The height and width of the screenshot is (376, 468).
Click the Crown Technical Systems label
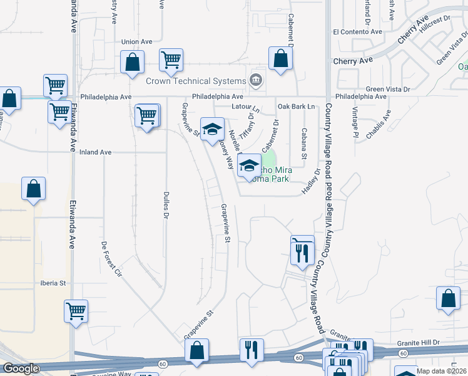click(x=196, y=81)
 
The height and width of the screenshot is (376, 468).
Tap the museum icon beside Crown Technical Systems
click(x=255, y=80)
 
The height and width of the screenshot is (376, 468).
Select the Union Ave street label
click(x=137, y=42)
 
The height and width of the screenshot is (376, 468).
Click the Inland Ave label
click(x=96, y=152)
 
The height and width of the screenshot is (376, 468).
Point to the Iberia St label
click(x=53, y=283)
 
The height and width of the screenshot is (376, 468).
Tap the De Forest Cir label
click(x=111, y=259)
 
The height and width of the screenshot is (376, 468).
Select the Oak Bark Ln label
click(x=296, y=107)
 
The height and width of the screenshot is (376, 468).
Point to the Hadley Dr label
click(x=312, y=182)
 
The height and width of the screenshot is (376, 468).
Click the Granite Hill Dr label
click(x=419, y=343)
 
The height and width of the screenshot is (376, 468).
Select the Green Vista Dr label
click(x=388, y=89)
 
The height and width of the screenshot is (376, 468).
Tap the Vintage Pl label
click(x=355, y=122)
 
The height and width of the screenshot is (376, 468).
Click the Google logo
click(x=21, y=368)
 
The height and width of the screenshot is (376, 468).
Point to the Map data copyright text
click(x=441, y=371)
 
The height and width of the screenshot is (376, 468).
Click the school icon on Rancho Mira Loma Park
click(x=250, y=166)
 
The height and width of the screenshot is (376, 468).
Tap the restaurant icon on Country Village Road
click(x=302, y=252)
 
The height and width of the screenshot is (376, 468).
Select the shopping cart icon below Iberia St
click(x=76, y=310)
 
